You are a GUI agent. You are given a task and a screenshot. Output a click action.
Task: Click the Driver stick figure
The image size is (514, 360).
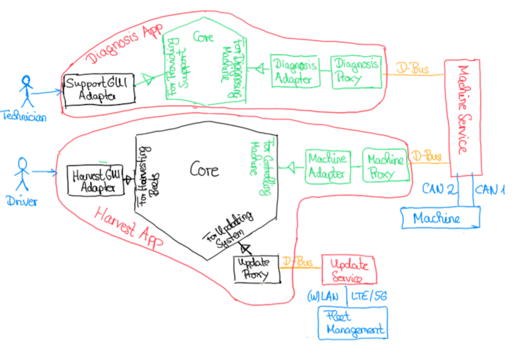pyautogui.click(x=22, y=176)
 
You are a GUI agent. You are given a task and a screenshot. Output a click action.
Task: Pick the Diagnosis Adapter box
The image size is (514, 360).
pyautogui.click(x=295, y=70)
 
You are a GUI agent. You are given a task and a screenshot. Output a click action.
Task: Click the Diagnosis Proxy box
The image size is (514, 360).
pyautogui.click(x=356, y=70)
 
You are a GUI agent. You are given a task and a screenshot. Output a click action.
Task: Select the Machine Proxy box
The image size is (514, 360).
pyautogui.click(x=386, y=165)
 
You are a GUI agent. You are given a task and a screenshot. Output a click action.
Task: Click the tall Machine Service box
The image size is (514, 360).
pyautogui.click(x=463, y=117)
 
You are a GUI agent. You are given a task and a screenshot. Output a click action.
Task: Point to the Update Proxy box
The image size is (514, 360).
pyautogui.click(x=256, y=269)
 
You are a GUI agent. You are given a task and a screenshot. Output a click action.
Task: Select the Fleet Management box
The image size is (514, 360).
pyautogui.click(x=352, y=322)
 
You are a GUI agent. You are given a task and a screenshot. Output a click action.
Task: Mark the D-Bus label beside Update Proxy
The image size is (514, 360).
pyautogui.click(x=298, y=261)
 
